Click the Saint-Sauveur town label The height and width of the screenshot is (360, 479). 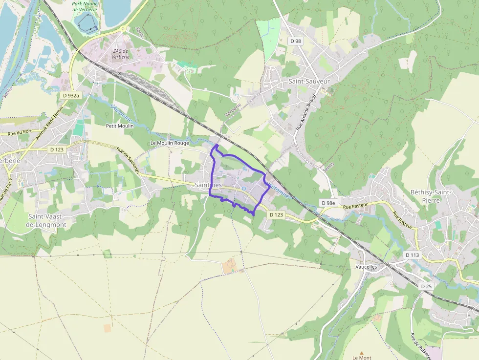click(x=309, y=81)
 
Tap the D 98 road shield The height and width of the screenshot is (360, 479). click(x=296, y=42)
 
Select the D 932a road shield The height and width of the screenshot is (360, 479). click(x=71, y=95)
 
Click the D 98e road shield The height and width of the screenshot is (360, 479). click(x=328, y=203)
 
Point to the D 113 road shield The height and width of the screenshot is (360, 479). click(x=412, y=255)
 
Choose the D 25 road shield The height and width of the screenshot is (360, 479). click(x=426, y=286)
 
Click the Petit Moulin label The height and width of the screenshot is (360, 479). click(x=120, y=126)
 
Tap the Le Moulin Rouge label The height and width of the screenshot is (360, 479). click(x=169, y=143)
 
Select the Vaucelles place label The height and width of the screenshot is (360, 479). click(x=367, y=268)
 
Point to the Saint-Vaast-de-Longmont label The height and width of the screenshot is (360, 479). click(x=47, y=220)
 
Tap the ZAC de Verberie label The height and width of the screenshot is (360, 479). click(x=120, y=54)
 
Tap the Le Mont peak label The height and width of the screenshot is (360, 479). click(x=362, y=358)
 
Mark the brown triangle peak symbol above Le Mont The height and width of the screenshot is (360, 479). click(x=362, y=352)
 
